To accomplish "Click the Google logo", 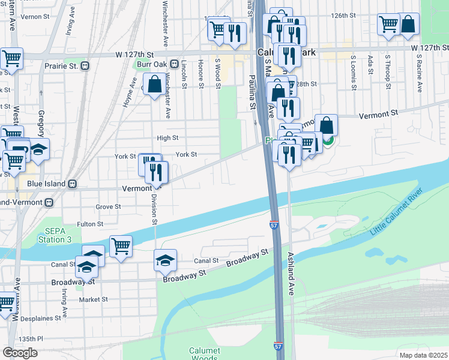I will click(20, 352).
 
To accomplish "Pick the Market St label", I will click(93, 299).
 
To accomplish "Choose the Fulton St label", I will click(91, 224).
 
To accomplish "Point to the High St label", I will click(167, 137).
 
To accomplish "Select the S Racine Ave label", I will click(418, 73).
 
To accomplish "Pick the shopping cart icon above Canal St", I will click(121, 246).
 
